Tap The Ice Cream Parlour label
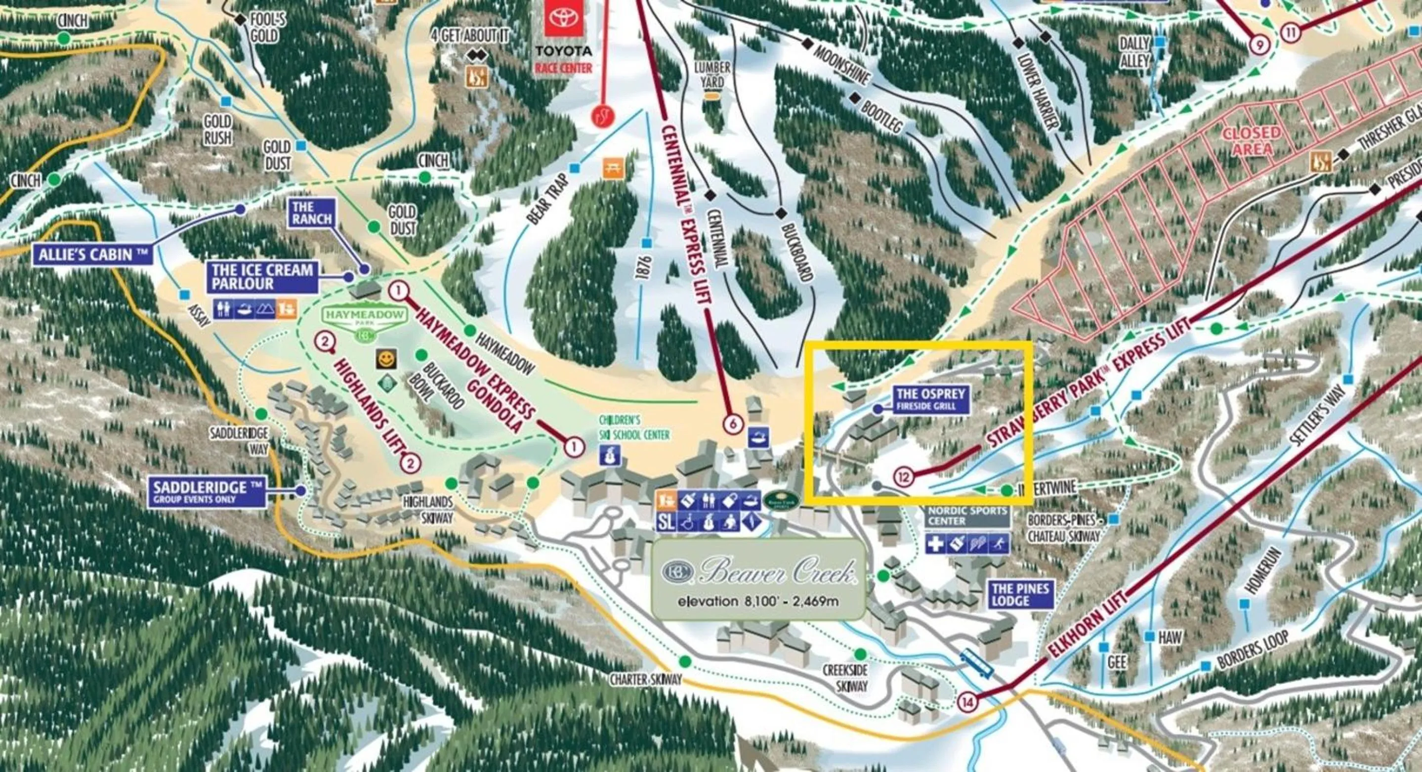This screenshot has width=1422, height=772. click(x=262, y=277)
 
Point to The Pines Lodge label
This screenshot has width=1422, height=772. click(x=1020, y=594)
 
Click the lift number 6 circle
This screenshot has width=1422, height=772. click(x=733, y=424)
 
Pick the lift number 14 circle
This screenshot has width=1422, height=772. click(x=968, y=702)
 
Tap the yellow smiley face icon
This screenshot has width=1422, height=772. click(x=387, y=359)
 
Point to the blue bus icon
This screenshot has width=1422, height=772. click(x=976, y=663)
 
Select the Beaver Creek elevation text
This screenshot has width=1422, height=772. click(x=758, y=601)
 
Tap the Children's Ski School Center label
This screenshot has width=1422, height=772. click(x=634, y=428)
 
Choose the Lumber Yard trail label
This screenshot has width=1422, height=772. click(x=712, y=75)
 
